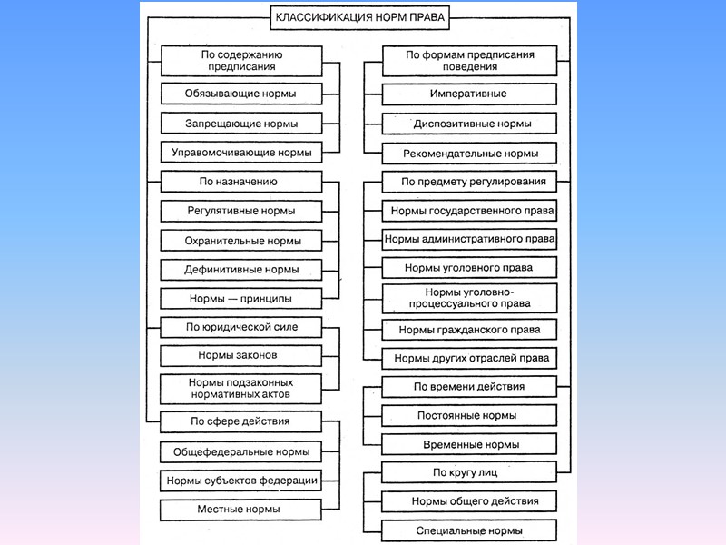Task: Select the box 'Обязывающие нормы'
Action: (x=241, y=94)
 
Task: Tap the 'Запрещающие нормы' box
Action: (x=241, y=123)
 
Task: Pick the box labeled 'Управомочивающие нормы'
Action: (x=241, y=153)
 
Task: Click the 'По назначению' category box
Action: (x=241, y=182)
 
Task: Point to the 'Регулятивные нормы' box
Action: (x=241, y=212)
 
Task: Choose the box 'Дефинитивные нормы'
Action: (x=241, y=270)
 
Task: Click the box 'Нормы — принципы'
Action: (x=241, y=298)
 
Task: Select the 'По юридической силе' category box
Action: (x=241, y=326)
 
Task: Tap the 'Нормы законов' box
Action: (x=241, y=355)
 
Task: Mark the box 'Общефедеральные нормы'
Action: (x=241, y=451)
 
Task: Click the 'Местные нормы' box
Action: (x=241, y=510)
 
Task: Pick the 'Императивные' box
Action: (x=468, y=94)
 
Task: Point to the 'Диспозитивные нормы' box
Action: (x=468, y=124)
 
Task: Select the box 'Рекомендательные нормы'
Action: (x=468, y=154)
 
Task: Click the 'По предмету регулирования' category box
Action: (x=468, y=182)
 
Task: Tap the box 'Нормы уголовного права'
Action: (x=468, y=268)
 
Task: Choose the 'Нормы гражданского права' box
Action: (x=468, y=330)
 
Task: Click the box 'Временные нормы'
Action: (x=468, y=445)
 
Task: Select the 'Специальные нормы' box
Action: (x=468, y=530)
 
